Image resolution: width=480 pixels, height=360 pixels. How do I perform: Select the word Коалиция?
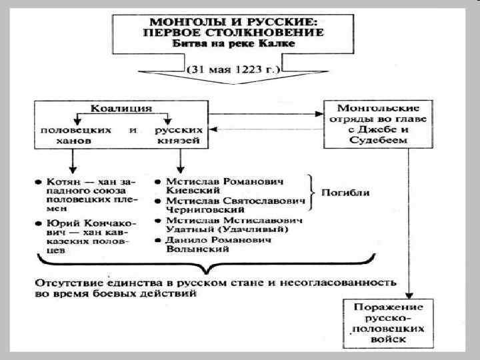pyautogui.click(x=122, y=107)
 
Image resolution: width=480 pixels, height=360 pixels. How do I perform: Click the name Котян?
pyautogui.click(x=62, y=181)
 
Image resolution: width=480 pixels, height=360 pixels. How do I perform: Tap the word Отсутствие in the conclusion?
pyautogui.click(x=65, y=282)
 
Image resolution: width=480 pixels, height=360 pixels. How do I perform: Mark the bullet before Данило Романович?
pyautogui.click(x=155, y=239)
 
